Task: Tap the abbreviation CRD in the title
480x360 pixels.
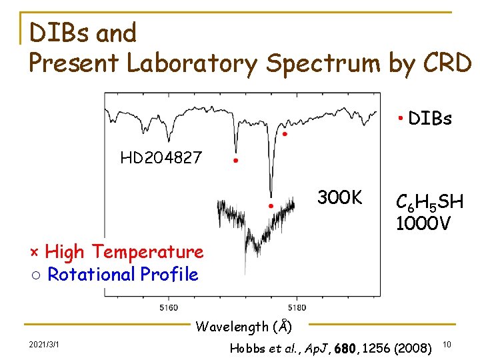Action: pyautogui.click(x=446, y=63)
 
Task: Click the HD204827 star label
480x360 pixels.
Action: pyautogui.click(x=161, y=158)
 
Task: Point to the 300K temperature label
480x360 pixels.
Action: pyautogui.click(x=339, y=198)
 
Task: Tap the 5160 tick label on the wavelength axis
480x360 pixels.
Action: pyautogui.click(x=169, y=307)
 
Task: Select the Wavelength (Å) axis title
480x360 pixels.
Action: pyautogui.click(x=243, y=327)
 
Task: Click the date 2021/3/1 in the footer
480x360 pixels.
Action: pyautogui.click(x=44, y=344)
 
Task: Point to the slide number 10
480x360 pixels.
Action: pyautogui.click(x=447, y=345)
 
